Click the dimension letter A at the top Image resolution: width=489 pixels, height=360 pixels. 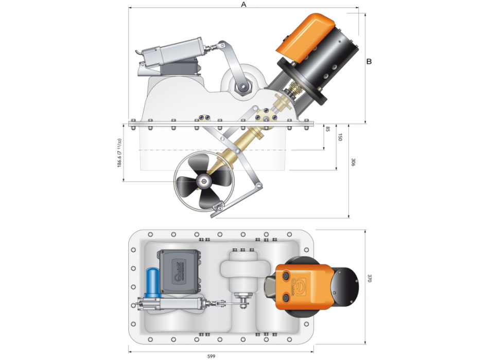coord(244,4)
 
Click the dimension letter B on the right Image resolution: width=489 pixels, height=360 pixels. coord(369,61)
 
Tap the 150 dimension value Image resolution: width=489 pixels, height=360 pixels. coord(340,137)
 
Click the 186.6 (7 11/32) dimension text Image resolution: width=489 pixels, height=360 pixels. coord(119,153)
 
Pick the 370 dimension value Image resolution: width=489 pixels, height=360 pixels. coord(369,278)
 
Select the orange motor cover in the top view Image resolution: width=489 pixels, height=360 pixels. coord(301,286)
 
